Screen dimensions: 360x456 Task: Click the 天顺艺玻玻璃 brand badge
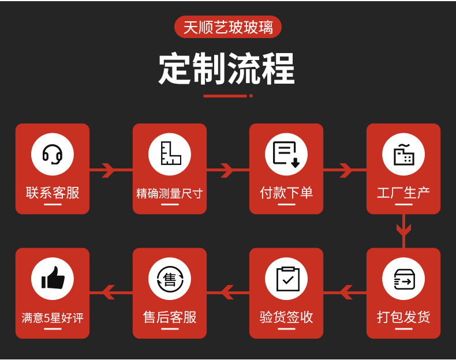pos(228,27)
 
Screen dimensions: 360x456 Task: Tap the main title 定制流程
pos(227,69)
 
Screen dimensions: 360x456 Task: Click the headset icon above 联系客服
pos(53,154)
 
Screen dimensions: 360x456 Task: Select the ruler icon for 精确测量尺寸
pos(170,154)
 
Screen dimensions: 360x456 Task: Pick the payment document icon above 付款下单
pos(286,154)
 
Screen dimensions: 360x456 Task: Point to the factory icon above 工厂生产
pos(403,154)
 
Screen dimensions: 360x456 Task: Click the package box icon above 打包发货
pos(403,279)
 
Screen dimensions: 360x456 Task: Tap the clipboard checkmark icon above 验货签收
pos(286,279)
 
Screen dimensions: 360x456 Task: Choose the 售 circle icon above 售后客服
pos(170,279)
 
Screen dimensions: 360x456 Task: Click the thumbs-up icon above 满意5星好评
pos(53,279)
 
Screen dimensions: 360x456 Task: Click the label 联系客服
pos(53,193)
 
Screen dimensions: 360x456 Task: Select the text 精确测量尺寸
pos(170,193)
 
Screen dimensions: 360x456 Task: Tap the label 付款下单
pos(286,193)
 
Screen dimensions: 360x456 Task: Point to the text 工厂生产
pos(403,193)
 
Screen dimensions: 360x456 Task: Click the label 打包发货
pos(403,317)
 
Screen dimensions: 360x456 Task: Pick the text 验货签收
pos(286,317)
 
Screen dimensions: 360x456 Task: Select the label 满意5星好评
pos(53,318)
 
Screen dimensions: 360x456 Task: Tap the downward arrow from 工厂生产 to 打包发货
pos(403,230)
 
